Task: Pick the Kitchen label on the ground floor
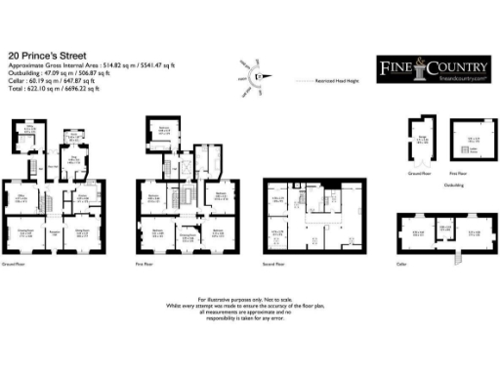[x=84, y=198]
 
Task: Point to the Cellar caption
[x=401, y=263]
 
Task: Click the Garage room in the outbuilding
[x=422, y=142]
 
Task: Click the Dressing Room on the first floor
[x=188, y=233]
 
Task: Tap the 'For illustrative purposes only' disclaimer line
[x=249, y=298]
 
